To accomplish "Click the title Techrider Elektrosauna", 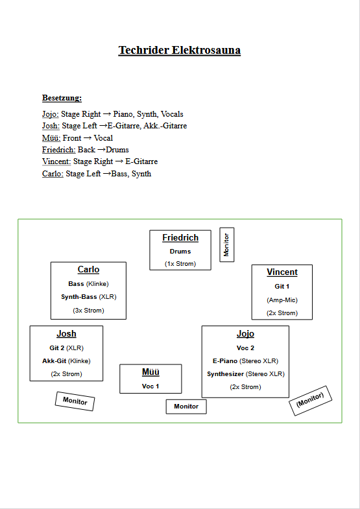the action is click(x=179, y=51).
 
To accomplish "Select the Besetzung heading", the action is click(x=62, y=98).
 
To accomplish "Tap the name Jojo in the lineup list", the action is click(x=51, y=114).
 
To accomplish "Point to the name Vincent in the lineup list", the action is click(x=56, y=161).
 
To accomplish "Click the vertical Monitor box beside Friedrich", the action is click(x=226, y=244).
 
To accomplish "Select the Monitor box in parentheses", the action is click(x=310, y=401).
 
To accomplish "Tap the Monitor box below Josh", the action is click(x=75, y=401).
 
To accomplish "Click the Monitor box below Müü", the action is click(x=186, y=407).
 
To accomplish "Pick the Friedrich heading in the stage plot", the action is click(x=180, y=237).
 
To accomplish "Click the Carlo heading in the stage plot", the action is click(x=88, y=270).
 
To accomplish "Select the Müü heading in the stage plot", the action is click(x=150, y=372).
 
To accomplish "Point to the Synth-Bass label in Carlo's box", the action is click(x=79, y=297).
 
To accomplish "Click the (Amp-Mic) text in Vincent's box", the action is click(x=282, y=300).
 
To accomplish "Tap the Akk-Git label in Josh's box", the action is click(x=54, y=361).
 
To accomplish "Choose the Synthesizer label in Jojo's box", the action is click(x=225, y=374).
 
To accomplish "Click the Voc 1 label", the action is click(x=150, y=386).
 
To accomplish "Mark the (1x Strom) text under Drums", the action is click(x=180, y=264).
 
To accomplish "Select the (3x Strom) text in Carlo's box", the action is click(x=88, y=311).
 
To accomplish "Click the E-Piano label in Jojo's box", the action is click(x=225, y=361).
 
